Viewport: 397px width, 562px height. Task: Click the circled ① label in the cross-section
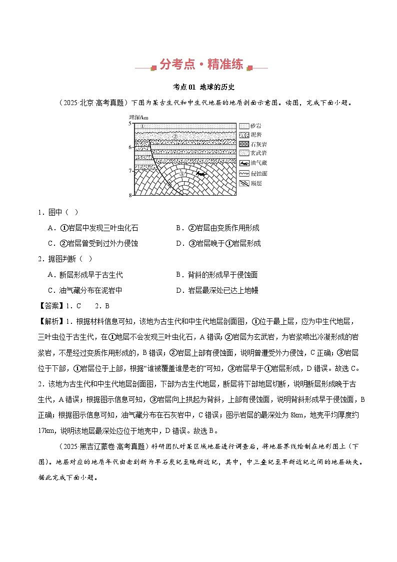(143, 126)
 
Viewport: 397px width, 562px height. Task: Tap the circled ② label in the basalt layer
(174, 136)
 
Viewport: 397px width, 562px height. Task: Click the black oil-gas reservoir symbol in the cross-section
(201, 174)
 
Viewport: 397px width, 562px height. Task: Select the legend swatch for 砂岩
(244, 126)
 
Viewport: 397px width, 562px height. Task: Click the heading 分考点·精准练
(201, 65)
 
